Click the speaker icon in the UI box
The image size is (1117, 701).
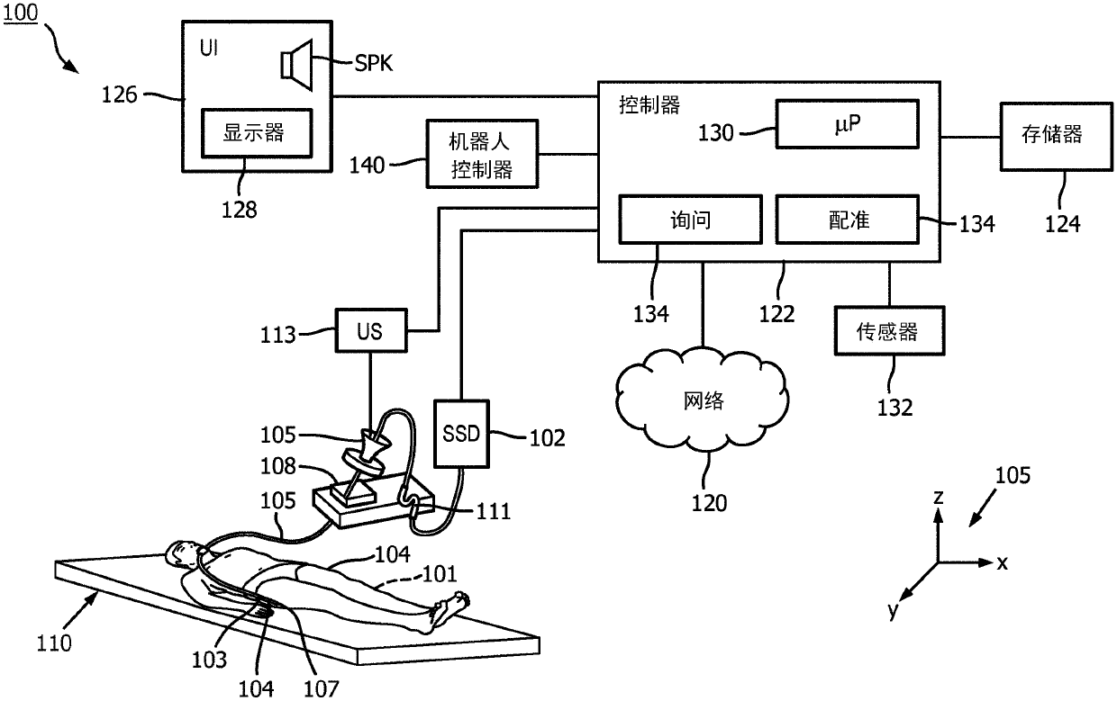(x=297, y=65)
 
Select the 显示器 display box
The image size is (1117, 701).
(x=257, y=133)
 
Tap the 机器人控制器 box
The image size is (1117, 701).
(x=482, y=154)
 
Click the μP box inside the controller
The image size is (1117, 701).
(x=848, y=124)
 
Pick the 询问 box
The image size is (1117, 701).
(x=691, y=220)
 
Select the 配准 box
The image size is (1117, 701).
(x=848, y=220)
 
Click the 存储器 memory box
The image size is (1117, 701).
(x=1056, y=137)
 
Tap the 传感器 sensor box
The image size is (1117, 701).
(x=890, y=331)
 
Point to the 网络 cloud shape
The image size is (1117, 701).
(x=702, y=400)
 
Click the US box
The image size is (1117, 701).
(x=371, y=331)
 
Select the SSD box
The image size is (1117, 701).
(x=461, y=434)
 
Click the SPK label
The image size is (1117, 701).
(x=374, y=63)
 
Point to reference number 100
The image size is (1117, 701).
(x=21, y=12)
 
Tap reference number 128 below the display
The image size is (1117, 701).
(x=239, y=210)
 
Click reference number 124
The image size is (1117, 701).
(x=1063, y=224)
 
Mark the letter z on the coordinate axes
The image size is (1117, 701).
(x=938, y=498)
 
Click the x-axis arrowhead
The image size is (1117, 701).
(x=986, y=563)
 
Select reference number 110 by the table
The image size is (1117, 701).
(x=54, y=643)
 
